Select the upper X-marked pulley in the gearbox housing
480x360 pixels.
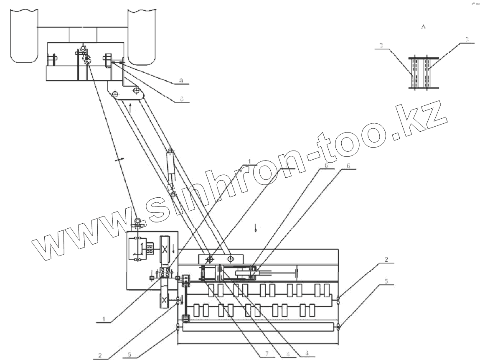click(x=164, y=250)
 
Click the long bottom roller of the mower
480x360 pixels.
click(x=258, y=327)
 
